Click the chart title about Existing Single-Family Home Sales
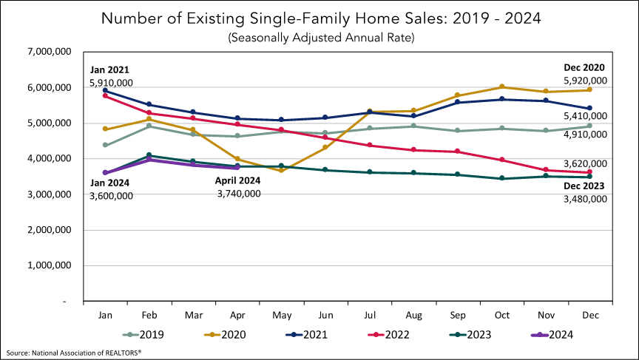click(320, 18)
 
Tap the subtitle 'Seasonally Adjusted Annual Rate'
click(320, 37)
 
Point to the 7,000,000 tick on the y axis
click(50, 52)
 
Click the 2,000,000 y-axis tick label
click(50, 230)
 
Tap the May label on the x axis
click(282, 314)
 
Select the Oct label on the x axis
click(502, 314)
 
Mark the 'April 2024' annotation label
click(238, 180)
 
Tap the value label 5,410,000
click(585, 116)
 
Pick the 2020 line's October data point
click(502, 86)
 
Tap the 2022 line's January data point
click(106, 96)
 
